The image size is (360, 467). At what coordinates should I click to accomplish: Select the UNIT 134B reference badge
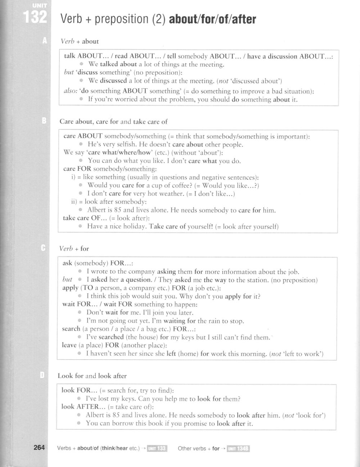pos(238,449)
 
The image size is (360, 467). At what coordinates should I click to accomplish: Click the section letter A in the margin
pos(44,41)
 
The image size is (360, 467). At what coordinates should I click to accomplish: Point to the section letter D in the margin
pos(42,375)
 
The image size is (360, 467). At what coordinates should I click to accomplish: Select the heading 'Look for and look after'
pos(92,376)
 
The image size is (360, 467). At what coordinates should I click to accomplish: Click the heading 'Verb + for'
pos(74,249)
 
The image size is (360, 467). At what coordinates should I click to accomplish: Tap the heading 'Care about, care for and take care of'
pos(113,121)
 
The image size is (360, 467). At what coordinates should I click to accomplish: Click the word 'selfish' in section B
pos(126,145)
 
